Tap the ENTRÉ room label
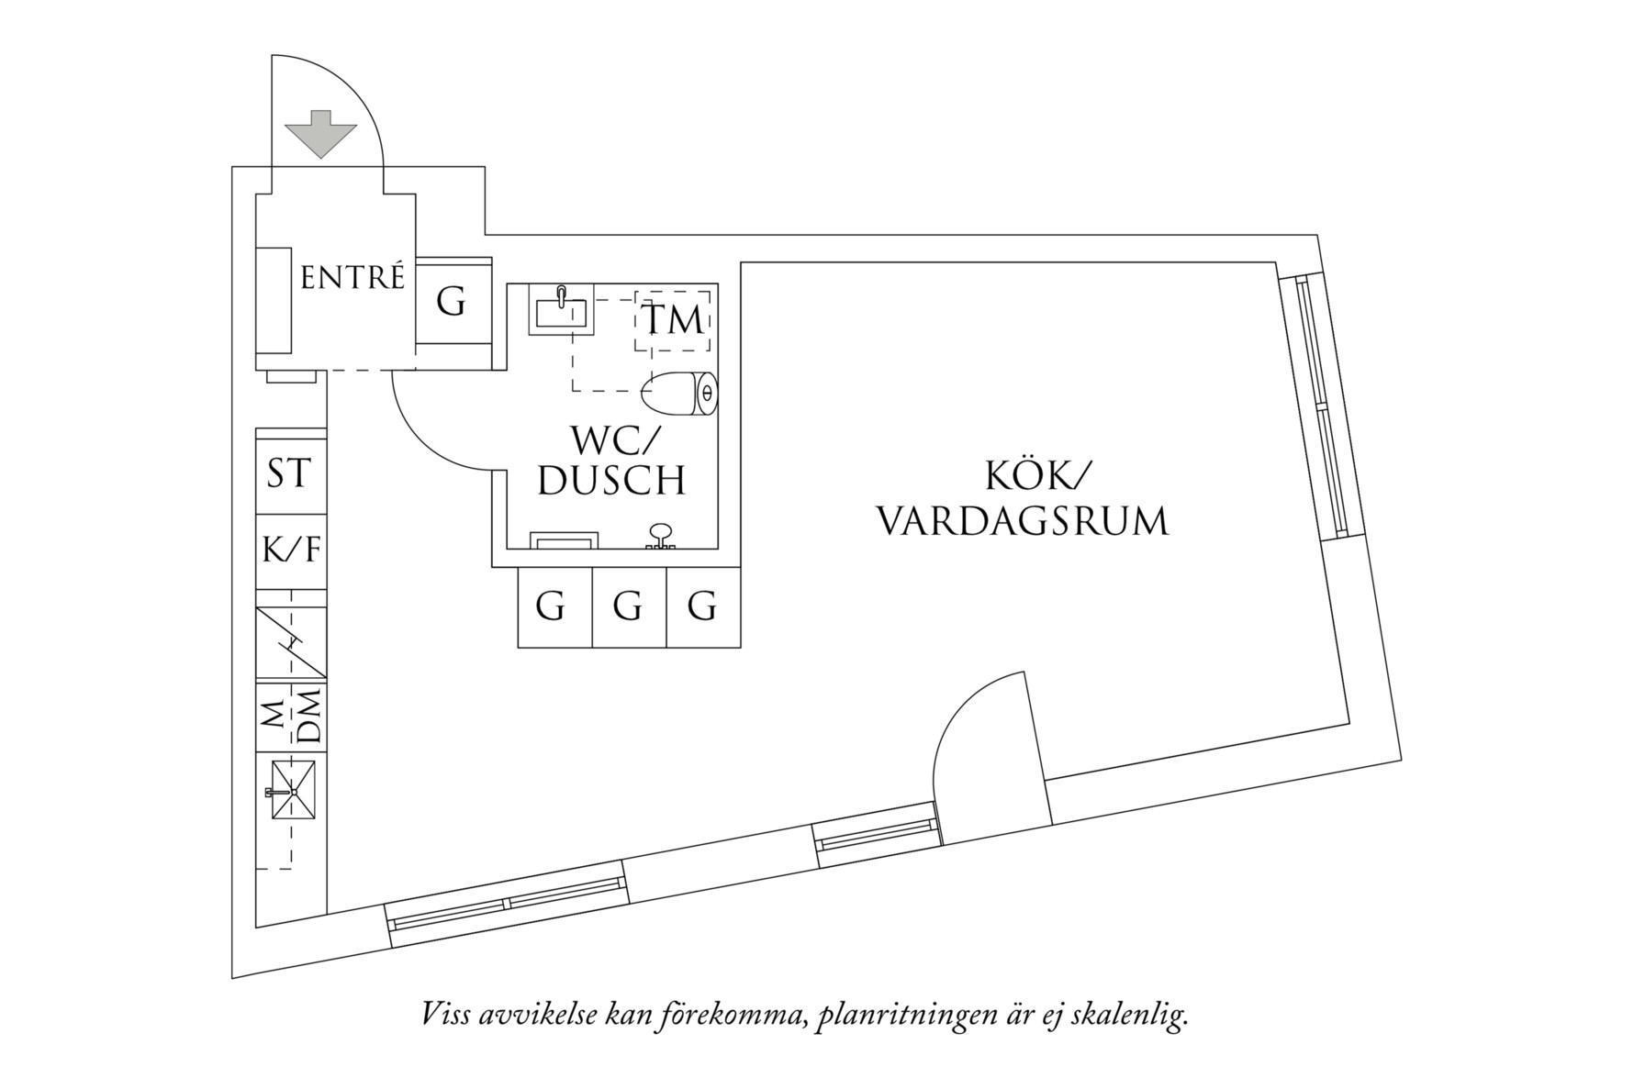[x=353, y=277]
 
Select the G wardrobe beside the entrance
[x=451, y=301]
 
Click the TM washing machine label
[x=673, y=320]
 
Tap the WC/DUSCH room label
[x=611, y=461]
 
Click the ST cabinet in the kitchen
[x=289, y=474]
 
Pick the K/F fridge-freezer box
[x=291, y=550]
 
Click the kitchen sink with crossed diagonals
[x=293, y=791]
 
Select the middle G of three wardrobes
[x=628, y=607]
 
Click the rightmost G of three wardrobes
[x=702, y=607]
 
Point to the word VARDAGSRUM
[x=1023, y=521]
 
